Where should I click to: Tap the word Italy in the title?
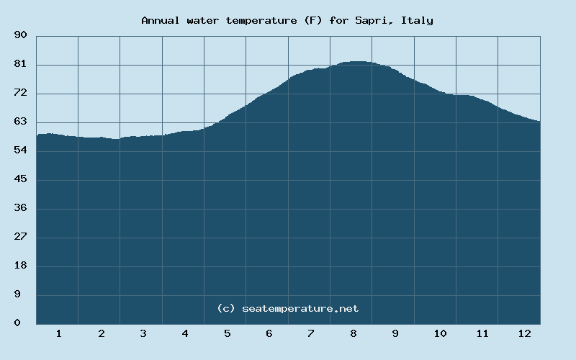coord(418,20)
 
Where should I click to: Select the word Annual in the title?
coord(161,20)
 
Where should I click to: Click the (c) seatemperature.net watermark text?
coord(287,308)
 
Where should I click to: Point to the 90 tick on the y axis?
coord(21,35)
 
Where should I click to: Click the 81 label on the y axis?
coord(21,64)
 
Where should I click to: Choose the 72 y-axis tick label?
coord(21,93)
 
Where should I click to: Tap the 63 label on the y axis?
coord(21,122)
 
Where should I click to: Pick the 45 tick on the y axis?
coord(21,179)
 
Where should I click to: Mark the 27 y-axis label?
coord(21,237)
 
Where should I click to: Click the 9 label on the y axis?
coord(24,294)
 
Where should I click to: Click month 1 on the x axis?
coord(58,333)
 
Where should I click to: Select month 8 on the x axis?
coord(354,333)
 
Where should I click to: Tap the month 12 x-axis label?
coord(524,333)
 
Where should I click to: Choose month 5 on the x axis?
coord(227,333)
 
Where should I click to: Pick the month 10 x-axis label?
coord(440,333)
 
